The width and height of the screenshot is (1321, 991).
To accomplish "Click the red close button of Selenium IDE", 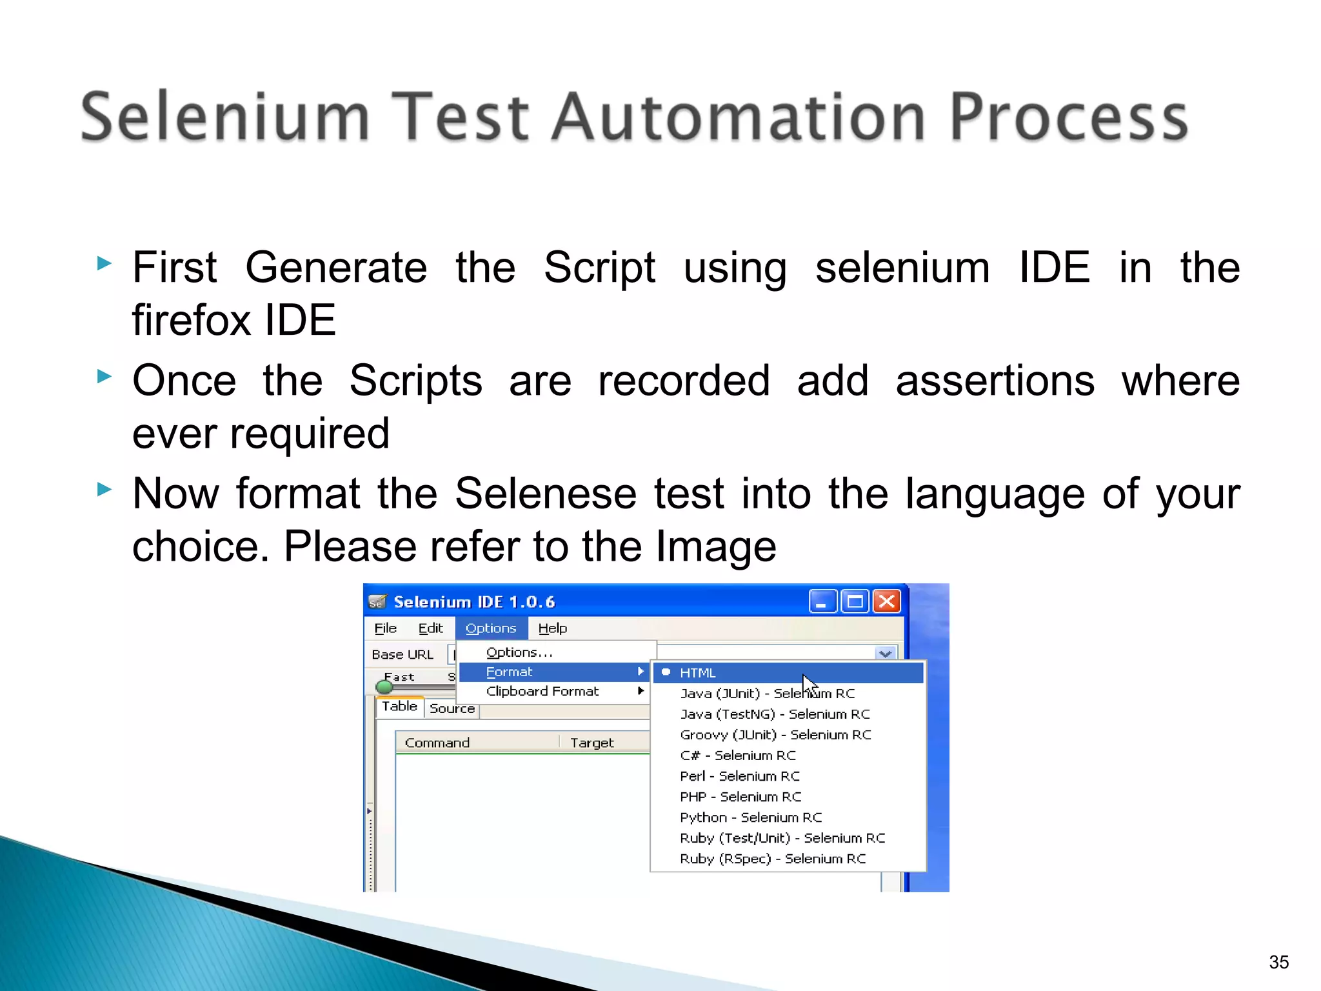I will (x=887, y=601).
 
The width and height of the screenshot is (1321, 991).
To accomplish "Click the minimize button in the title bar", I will (x=822, y=601).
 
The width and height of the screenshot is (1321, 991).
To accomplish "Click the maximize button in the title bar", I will (x=855, y=601).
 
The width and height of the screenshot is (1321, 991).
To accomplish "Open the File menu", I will (x=385, y=628).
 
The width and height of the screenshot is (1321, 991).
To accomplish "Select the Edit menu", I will (x=430, y=628).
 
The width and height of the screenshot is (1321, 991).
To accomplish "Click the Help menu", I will (x=552, y=628).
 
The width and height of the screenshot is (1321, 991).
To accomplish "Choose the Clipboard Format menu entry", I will (x=542, y=691).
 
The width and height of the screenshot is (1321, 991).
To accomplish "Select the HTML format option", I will (x=698, y=673).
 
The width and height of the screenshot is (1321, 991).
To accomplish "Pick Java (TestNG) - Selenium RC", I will (x=775, y=714).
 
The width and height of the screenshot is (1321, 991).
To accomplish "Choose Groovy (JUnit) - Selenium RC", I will (x=775, y=735).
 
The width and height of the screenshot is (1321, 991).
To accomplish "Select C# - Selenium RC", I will (x=738, y=756).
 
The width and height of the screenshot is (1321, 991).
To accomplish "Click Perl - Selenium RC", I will (x=740, y=776).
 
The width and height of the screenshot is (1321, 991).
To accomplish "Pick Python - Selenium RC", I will (x=751, y=817).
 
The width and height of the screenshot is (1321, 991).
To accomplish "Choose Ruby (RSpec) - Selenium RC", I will (x=773, y=859).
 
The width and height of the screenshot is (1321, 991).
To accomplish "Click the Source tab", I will (x=452, y=708).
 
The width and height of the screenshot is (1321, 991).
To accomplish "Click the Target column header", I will (x=591, y=743).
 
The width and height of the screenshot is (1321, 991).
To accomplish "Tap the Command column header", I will (x=437, y=743).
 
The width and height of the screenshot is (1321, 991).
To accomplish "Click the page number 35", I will (x=1278, y=962).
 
